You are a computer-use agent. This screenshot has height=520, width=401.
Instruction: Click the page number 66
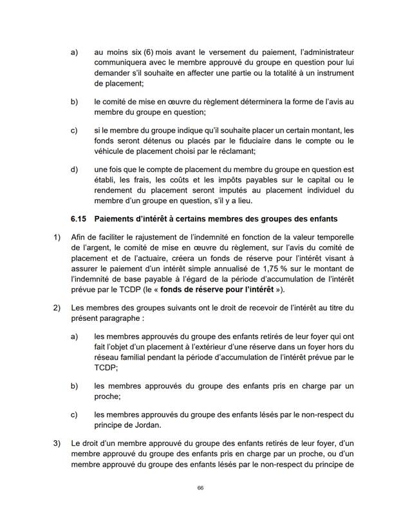200,488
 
